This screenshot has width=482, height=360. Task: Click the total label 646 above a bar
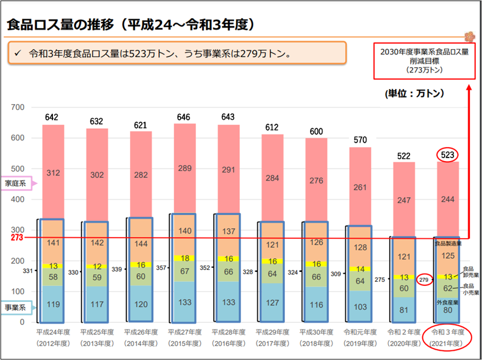point(184,117)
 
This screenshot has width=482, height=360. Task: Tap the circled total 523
point(447,155)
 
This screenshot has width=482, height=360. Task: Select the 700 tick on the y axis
point(18,108)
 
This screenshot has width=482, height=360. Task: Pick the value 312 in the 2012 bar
point(52,172)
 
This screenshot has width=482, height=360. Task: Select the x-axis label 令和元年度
point(359,332)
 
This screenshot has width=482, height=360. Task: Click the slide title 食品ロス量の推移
point(131,24)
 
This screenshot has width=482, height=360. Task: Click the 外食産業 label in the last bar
point(447,302)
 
